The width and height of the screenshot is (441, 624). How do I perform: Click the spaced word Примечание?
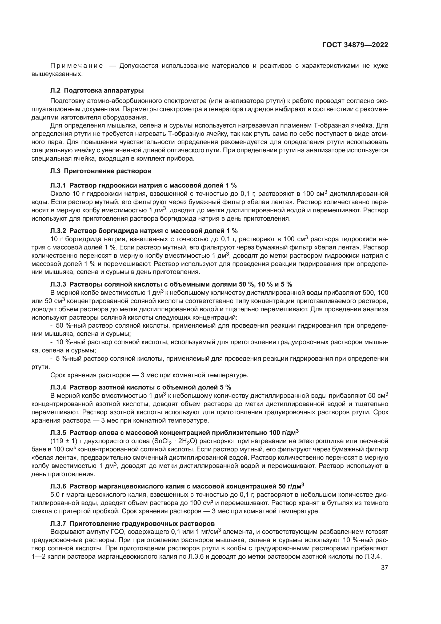coord(77,66)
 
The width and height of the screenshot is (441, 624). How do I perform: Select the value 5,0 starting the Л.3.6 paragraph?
coord(55,494)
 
